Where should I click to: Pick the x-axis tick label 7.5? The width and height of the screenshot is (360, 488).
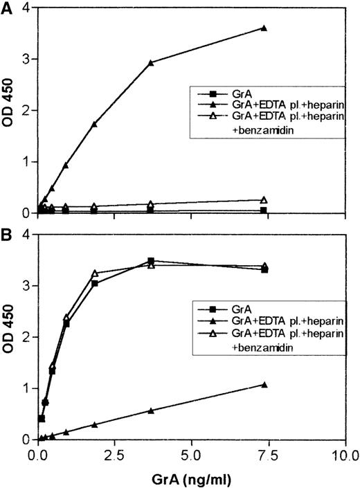[x=267, y=456]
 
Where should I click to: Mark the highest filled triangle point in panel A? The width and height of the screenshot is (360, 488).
[x=264, y=28]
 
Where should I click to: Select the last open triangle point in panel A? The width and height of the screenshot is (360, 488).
[x=264, y=199]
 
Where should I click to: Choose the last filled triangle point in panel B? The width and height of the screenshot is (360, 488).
[x=264, y=384]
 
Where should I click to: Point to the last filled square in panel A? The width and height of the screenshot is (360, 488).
[x=264, y=210]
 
